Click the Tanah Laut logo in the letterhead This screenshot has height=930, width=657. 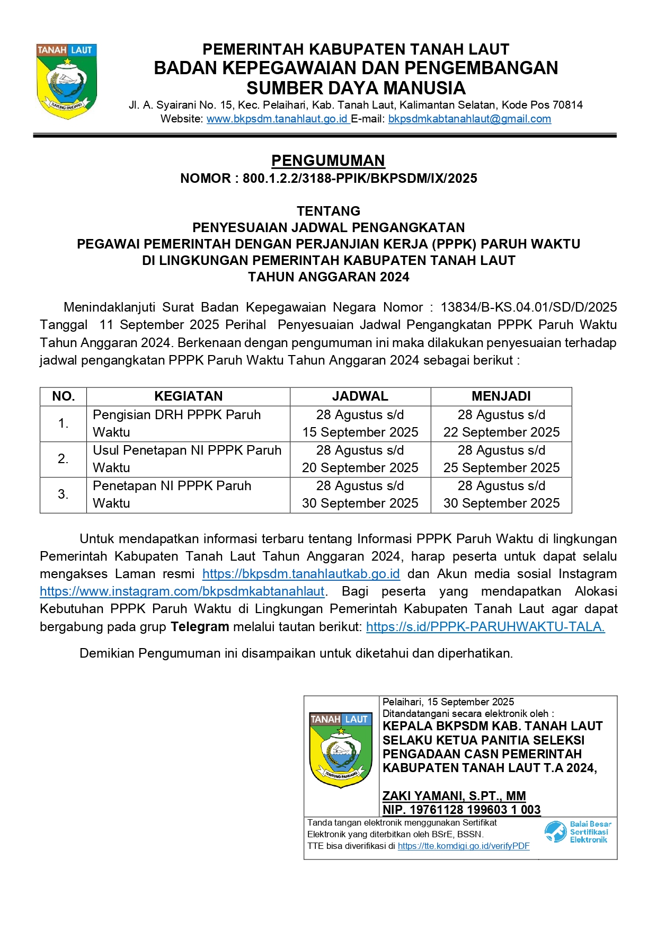click(x=67, y=81)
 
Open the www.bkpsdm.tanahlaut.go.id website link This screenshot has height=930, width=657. click(x=277, y=119)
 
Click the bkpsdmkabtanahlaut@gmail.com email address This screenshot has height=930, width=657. click(x=469, y=119)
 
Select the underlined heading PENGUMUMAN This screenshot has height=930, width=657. click(x=328, y=161)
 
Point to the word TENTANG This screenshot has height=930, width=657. click(x=328, y=211)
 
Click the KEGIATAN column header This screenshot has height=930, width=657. click(x=188, y=396)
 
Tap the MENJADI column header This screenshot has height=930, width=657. click(x=501, y=396)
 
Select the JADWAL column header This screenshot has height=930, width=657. click(x=360, y=396)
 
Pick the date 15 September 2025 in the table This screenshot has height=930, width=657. click(x=360, y=432)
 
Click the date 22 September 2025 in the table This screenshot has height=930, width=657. click(x=501, y=432)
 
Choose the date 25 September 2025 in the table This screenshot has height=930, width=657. click(x=501, y=468)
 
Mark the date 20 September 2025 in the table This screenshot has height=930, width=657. click(x=360, y=468)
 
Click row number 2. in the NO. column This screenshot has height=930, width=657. click(x=63, y=459)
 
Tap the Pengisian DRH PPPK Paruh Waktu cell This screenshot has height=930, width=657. click(x=176, y=423)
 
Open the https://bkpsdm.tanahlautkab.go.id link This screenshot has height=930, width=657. click(x=301, y=574)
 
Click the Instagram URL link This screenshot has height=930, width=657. click(x=182, y=591)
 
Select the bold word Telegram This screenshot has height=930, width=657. click(x=200, y=627)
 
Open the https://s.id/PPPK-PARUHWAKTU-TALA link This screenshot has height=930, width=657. click(x=485, y=627)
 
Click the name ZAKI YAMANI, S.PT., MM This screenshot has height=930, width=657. click(x=454, y=796)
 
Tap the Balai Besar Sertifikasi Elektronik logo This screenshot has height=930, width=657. click(x=578, y=832)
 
